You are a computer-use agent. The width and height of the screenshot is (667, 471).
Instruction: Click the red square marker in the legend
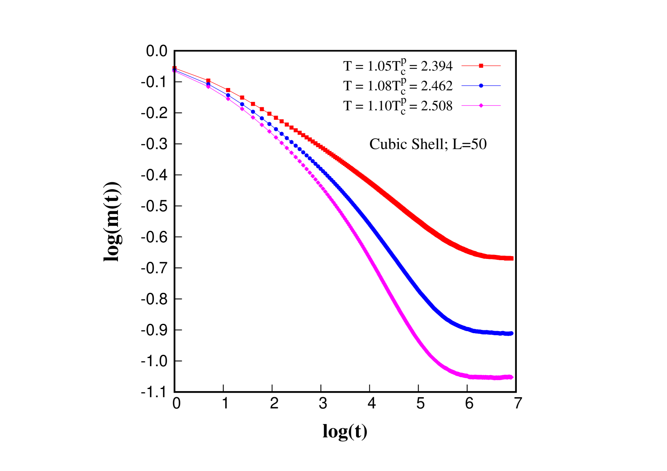(481, 66)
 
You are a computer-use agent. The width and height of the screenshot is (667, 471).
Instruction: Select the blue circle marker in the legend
(481, 86)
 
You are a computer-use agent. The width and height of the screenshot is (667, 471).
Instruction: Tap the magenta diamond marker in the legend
(481, 106)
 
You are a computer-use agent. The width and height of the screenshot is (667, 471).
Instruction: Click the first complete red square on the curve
(208, 81)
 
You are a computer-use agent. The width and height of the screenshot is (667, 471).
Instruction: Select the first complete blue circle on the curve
(208, 84)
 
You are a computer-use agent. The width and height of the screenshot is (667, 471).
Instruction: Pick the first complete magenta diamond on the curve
(208, 87)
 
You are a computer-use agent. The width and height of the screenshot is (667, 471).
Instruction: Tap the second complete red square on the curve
(228, 90)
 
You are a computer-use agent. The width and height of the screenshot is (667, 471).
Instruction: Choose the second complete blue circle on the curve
(228, 95)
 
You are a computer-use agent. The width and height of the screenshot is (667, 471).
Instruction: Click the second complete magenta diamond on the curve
(228, 99)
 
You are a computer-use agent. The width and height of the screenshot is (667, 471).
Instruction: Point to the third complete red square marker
(242, 98)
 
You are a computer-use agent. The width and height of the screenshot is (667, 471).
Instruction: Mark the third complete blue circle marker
(242, 104)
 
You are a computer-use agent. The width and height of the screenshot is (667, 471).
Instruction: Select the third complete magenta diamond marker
(242, 109)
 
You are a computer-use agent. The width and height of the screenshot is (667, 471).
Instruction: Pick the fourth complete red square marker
(253, 104)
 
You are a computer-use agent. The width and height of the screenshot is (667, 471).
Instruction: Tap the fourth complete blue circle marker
(253, 111)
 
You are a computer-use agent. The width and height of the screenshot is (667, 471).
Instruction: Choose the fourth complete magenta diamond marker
(253, 117)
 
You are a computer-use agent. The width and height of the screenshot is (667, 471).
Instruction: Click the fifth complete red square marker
(262, 109)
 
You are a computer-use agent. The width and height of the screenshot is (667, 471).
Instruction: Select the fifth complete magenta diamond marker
(262, 125)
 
